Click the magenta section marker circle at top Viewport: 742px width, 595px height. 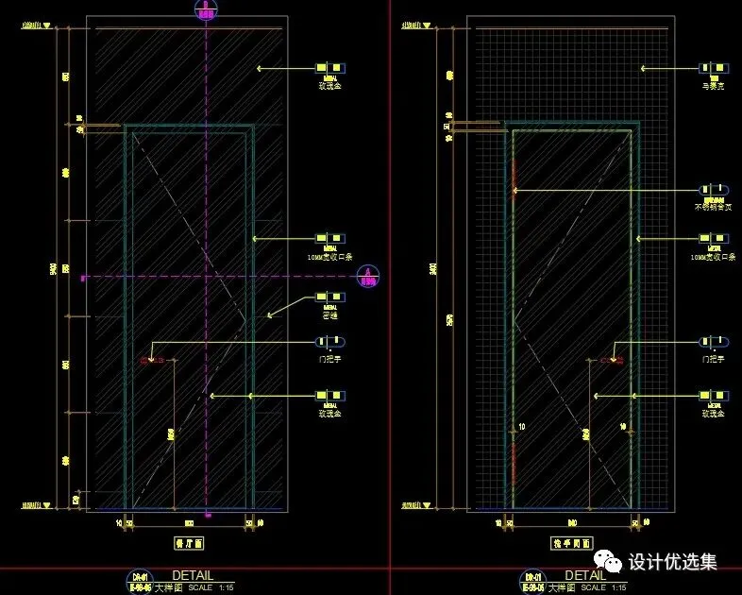click(x=206, y=10)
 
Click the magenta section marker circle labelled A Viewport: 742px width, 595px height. click(x=367, y=276)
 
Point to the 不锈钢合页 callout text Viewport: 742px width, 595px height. click(x=713, y=207)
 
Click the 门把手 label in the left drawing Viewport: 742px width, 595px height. click(x=330, y=359)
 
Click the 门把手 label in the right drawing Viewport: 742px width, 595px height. click(x=713, y=359)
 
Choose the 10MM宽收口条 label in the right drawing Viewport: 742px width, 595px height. click(x=713, y=256)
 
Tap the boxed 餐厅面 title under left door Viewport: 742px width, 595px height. click(x=190, y=543)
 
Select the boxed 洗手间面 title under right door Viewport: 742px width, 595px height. click(x=571, y=543)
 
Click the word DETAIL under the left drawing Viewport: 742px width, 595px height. click(x=192, y=575)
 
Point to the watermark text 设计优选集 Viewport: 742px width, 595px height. click(x=673, y=562)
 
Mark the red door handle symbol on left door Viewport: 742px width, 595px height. click(x=151, y=360)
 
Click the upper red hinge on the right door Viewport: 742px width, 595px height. click(x=513, y=175)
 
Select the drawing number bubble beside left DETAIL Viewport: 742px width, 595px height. click(x=139, y=580)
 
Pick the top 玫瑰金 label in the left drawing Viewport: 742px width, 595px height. click(x=330, y=86)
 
